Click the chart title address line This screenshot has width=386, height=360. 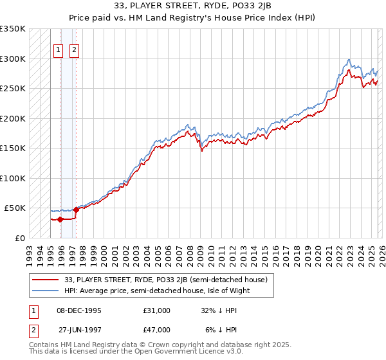tap(193, 6)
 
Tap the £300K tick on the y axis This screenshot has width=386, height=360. tap(13, 59)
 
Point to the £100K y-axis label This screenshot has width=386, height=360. tap(13, 178)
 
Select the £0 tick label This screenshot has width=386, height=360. tap(19, 238)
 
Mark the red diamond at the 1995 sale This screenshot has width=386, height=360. tap(60, 219)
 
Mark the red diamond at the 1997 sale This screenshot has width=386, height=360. tap(77, 210)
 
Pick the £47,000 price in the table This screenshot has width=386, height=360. tap(156, 330)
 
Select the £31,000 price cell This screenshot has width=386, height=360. tap(156, 310)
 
